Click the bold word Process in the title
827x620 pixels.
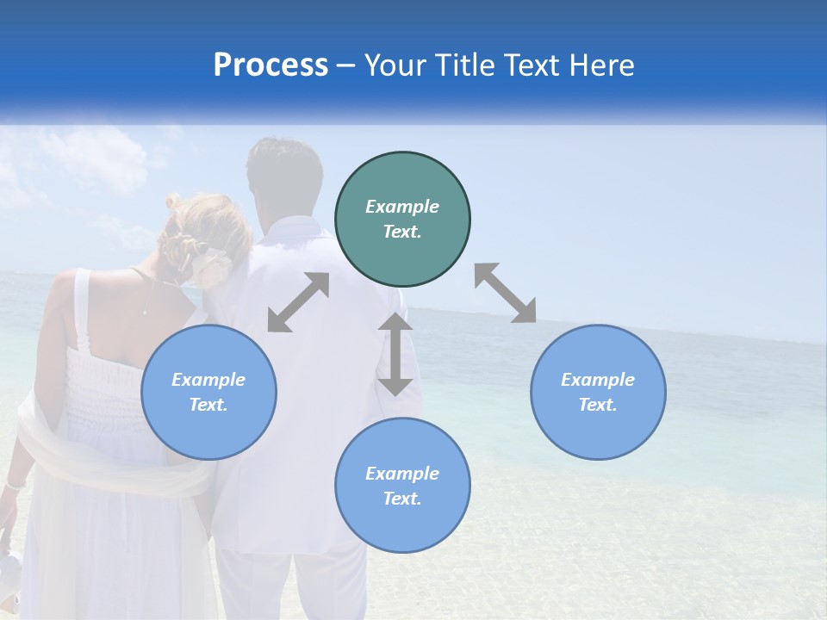270,65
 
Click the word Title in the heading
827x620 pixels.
467,65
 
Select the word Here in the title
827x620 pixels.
603,65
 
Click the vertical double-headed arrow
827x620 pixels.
395,354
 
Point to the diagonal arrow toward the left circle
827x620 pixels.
298,302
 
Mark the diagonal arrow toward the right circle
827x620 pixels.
505,293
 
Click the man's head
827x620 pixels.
284,177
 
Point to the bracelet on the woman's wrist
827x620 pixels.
14,485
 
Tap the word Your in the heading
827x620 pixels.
396,65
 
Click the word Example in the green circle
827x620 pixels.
402,207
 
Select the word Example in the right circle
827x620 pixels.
598,380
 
